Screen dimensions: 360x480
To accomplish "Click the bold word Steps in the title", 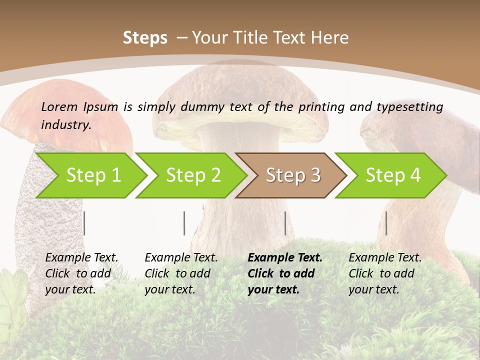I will pos(145,37).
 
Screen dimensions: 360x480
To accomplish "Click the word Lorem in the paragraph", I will pos(59,106).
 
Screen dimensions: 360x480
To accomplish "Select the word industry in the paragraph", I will pos(65,124).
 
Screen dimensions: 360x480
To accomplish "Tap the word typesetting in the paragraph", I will pos(409,106).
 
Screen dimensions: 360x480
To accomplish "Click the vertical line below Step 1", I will pos(84,223).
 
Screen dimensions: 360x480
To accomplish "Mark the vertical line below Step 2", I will pos(184,223).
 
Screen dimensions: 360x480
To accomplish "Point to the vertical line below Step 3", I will pos(285,223).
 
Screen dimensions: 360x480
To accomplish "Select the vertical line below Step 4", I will pos(386,223).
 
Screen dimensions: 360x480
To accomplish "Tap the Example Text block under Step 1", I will pos(81,273).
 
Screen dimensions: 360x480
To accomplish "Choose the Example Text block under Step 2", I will pos(181,273).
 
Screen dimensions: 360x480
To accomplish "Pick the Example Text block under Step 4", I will pos(385,273).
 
